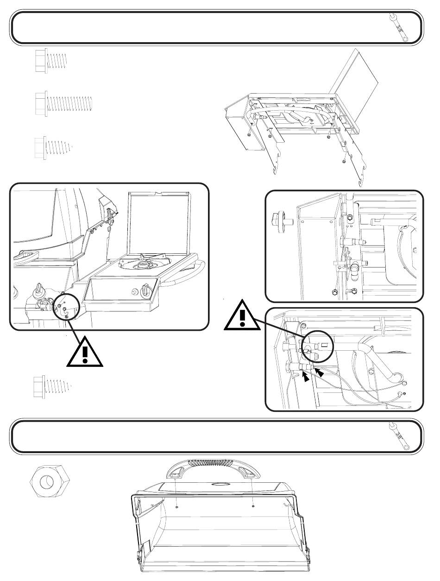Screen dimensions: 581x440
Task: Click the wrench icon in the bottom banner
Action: coord(400,436)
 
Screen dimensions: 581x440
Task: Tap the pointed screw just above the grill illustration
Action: coord(54,148)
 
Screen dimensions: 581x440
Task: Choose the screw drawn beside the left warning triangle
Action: coord(51,387)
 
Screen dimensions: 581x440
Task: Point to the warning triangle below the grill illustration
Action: coord(84,352)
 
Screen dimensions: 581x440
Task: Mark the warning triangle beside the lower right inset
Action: coord(242,317)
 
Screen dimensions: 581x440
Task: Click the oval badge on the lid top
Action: coord(221,484)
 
